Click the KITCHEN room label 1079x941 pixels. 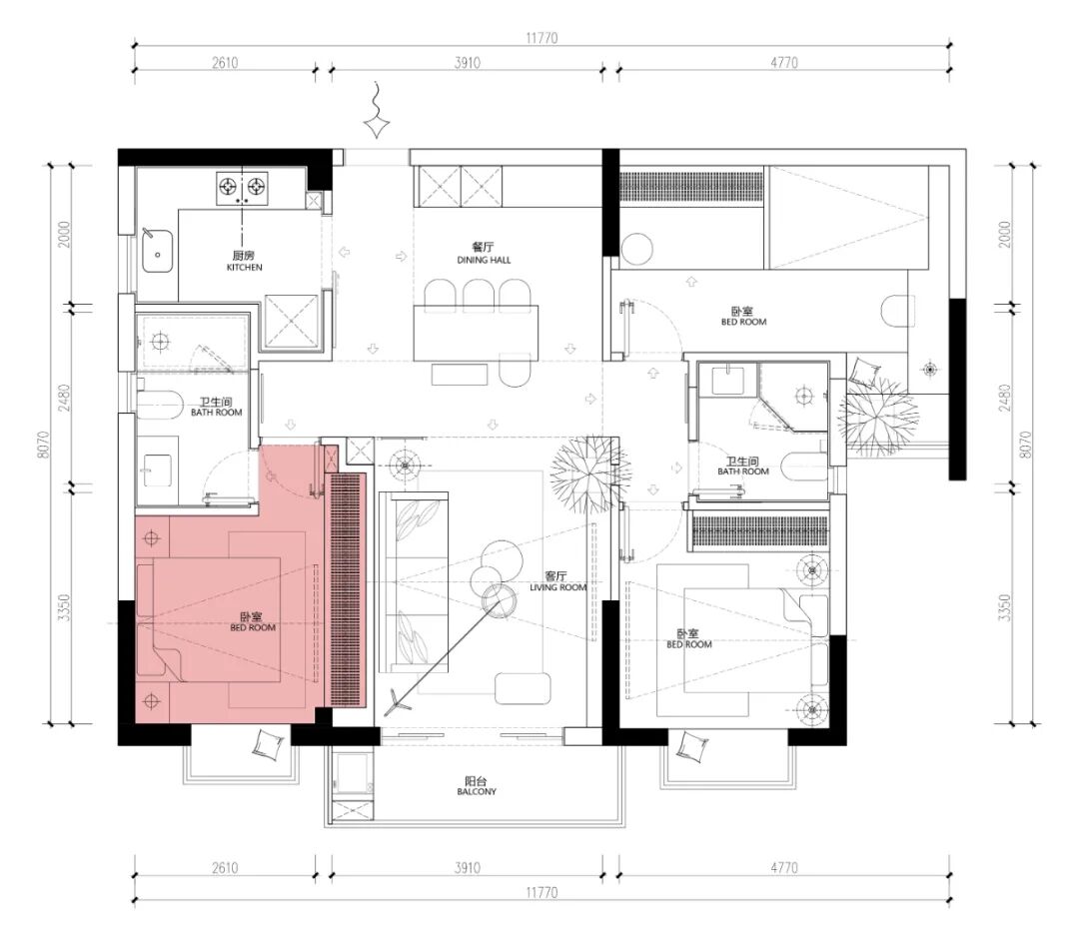tap(245, 267)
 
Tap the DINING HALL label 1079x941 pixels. tap(484, 260)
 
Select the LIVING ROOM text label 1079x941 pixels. tap(558, 587)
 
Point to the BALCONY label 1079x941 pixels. tap(477, 792)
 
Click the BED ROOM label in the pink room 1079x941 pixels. tap(253, 628)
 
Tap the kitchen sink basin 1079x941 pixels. tap(158, 251)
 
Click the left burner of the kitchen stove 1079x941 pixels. tap(229, 186)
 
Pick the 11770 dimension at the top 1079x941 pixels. tap(541, 38)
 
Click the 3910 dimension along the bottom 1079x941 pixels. tap(468, 867)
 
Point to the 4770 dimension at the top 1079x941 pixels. tap(784, 63)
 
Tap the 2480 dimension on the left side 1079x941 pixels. tap(64, 398)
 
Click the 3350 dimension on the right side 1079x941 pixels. tap(1005, 608)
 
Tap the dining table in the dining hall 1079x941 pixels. tap(476, 333)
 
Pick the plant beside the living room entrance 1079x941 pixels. tap(590, 475)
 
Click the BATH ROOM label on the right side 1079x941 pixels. tap(742, 471)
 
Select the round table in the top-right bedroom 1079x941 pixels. tap(636, 250)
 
